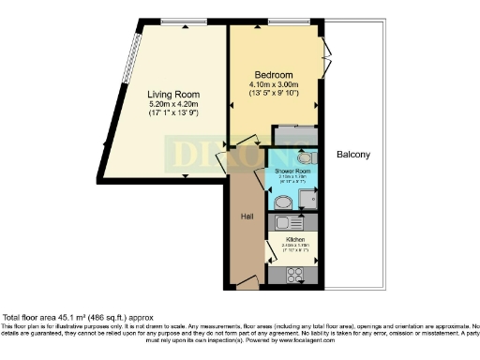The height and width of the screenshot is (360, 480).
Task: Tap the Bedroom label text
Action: point(275,74)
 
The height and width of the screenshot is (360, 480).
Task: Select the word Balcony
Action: point(354,155)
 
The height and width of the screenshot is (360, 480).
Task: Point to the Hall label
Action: point(247,217)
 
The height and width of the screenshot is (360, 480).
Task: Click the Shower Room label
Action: point(292,172)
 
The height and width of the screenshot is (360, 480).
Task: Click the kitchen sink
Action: point(286,224)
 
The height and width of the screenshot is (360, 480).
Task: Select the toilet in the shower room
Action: point(309,159)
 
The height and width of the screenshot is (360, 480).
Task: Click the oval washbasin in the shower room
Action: point(283,200)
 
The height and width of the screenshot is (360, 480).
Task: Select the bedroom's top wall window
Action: point(282,22)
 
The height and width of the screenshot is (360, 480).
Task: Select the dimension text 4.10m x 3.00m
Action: point(276,84)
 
